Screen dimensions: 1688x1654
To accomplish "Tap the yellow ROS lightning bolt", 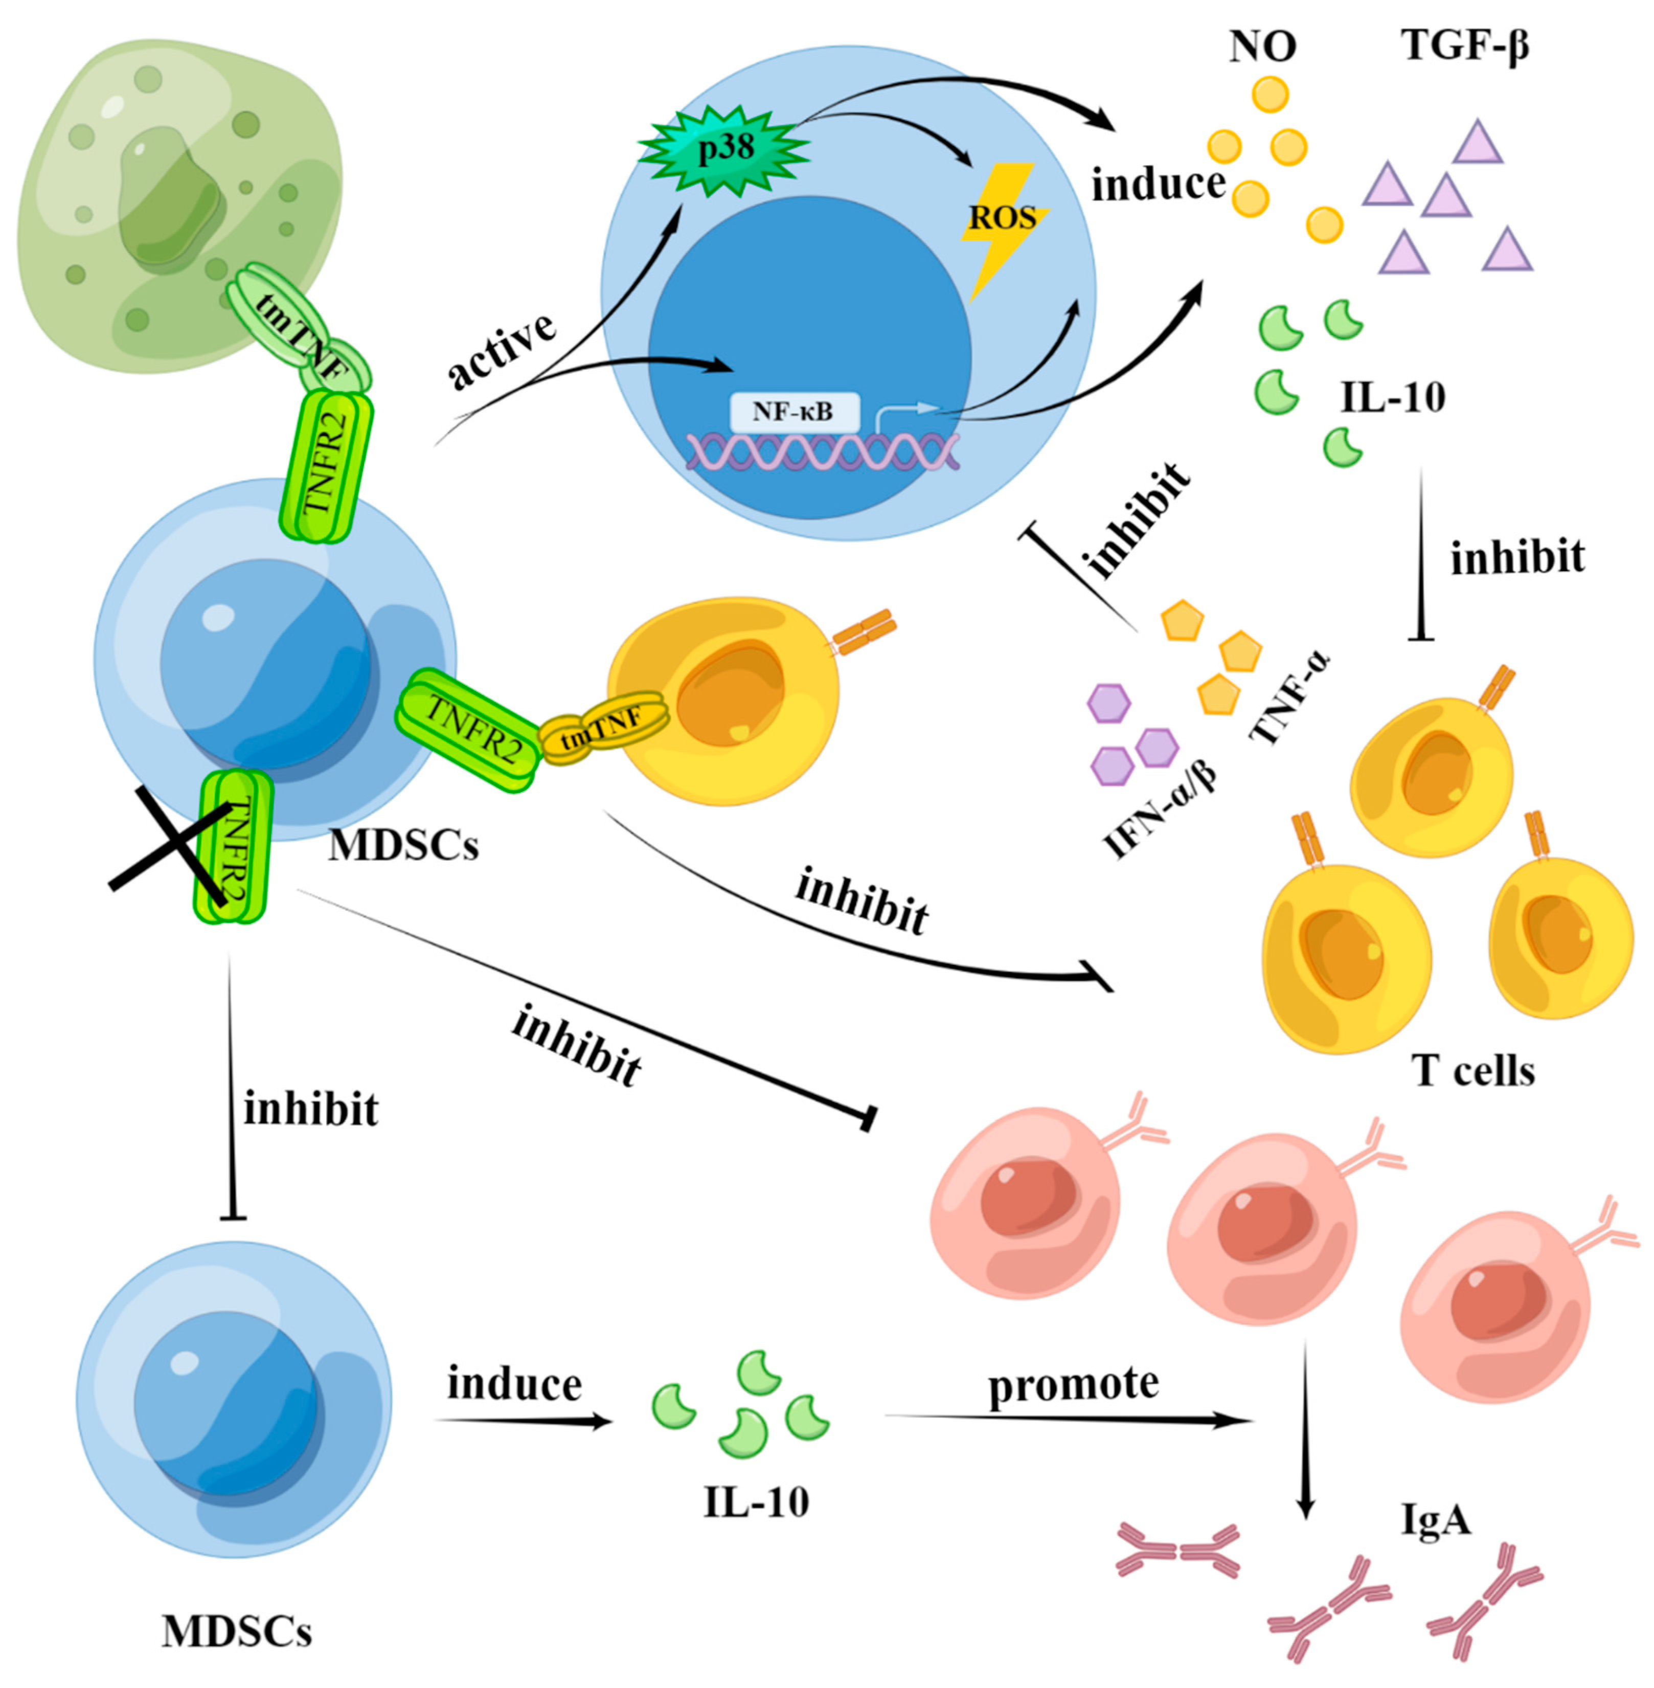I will point(1003,221).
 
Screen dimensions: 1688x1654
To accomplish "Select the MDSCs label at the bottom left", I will point(236,1632).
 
